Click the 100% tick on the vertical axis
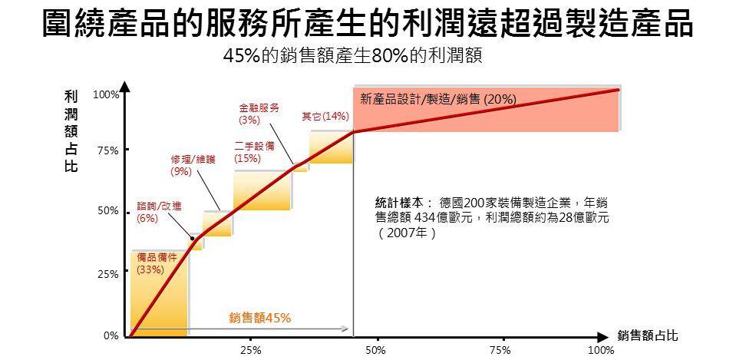106,94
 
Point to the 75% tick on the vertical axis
107,151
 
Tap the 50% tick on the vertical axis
107,210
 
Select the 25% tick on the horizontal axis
251,350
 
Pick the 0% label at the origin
111,336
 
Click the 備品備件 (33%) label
157,263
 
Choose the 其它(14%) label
325,117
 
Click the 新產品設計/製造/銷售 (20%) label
437,99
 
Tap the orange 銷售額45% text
260,317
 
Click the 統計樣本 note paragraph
491,217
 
